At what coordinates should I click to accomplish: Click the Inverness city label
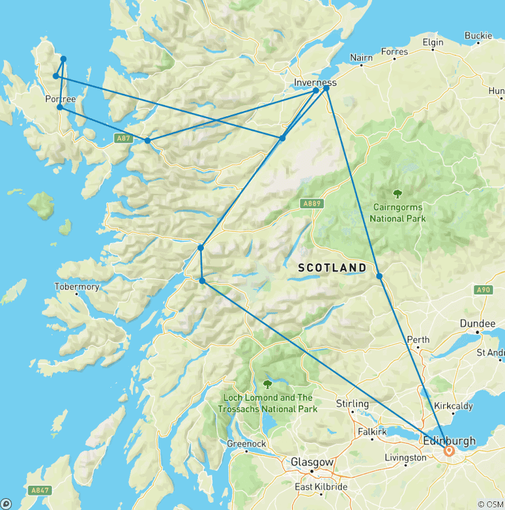(x=315, y=82)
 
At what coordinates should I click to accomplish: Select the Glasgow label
(x=312, y=463)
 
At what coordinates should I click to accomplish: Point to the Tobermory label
(x=77, y=287)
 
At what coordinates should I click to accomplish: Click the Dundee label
(x=477, y=324)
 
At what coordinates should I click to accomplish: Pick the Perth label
(x=418, y=340)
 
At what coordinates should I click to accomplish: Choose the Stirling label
(x=352, y=404)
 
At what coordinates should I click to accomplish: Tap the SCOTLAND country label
(x=332, y=267)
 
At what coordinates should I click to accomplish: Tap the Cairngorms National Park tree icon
(x=397, y=194)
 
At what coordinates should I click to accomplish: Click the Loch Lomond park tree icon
(x=268, y=384)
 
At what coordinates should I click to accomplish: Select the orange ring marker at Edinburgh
(x=450, y=452)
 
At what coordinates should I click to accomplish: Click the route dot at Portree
(x=60, y=107)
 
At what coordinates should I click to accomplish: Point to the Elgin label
(x=433, y=42)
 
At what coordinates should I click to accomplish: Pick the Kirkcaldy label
(x=454, y=406)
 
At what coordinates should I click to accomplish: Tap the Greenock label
(x=246, y=444)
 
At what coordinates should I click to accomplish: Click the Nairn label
(x=362, y=58)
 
